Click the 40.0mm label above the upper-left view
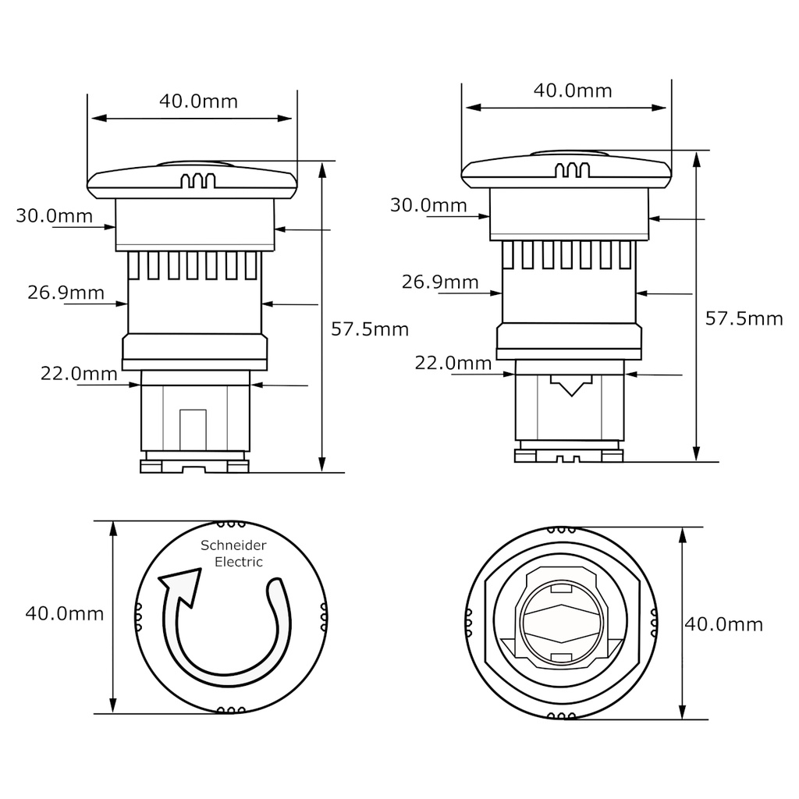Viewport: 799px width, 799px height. click(198, 101)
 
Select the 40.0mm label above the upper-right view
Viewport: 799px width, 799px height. click(573, 90)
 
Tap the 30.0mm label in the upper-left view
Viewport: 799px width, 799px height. click(54, 215)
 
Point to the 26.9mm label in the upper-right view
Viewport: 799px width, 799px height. click(440, 282)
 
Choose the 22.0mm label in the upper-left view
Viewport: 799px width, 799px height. click(79, 374)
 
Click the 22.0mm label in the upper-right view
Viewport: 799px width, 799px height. click(453, 363)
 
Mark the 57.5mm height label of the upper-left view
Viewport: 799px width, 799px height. click(370, 328)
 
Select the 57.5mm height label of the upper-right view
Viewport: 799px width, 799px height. click(744, 318)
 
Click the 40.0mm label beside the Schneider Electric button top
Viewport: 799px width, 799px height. click(65, 613)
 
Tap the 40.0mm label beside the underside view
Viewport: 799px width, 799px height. click(723, 623)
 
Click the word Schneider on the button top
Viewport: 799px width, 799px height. click(233, 545)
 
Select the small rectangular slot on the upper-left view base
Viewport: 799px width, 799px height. click(193, 428)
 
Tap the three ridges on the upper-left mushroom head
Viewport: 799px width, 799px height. click(197, 181)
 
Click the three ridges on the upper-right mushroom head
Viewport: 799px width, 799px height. click(571, 171)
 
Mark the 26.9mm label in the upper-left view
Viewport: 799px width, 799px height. click(66, 293)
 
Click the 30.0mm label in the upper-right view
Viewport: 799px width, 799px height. click(428, 205)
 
